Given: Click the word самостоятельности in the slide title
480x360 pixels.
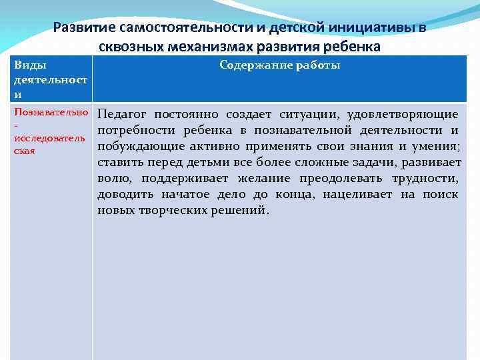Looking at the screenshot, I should point(176,28).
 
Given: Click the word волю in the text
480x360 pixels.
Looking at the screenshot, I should point(111,178).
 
